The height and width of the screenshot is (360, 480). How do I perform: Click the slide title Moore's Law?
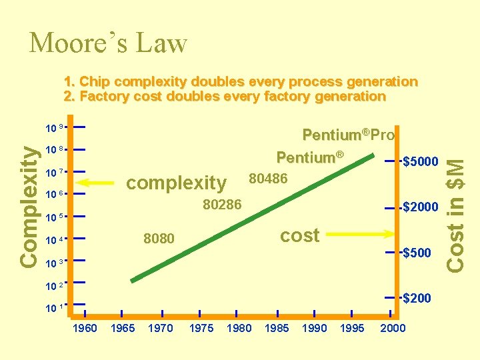(x=108, y=44)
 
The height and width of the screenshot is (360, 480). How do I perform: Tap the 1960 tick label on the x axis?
(x=85, y=328)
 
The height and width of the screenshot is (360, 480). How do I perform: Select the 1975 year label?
(x=201, y=328)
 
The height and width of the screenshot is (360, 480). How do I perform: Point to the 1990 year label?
(x=315, y=328)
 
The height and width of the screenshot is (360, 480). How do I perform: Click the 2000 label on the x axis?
(x=392, y=328)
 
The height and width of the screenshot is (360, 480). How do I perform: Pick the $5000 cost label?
(x=421, y=161)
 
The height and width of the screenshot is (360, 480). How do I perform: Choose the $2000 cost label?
(x=421, y=207)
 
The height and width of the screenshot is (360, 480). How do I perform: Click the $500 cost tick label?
(x=417, y=253)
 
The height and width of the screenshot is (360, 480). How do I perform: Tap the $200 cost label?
(x=417, y=298)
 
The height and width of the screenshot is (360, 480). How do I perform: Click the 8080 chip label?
(x=159, y=239)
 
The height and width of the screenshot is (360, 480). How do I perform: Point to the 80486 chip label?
(x=268, y=178)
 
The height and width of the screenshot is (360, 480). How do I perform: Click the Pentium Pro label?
(x=349, y=135)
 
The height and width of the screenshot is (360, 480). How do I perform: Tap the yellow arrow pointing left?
(x=99, y=182)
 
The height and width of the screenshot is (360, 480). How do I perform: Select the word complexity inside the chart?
(x=176, y=182)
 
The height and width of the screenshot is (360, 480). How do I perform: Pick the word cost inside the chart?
(x=299, y=235)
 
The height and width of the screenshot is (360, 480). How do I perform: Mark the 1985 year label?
(x=277, y=328)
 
